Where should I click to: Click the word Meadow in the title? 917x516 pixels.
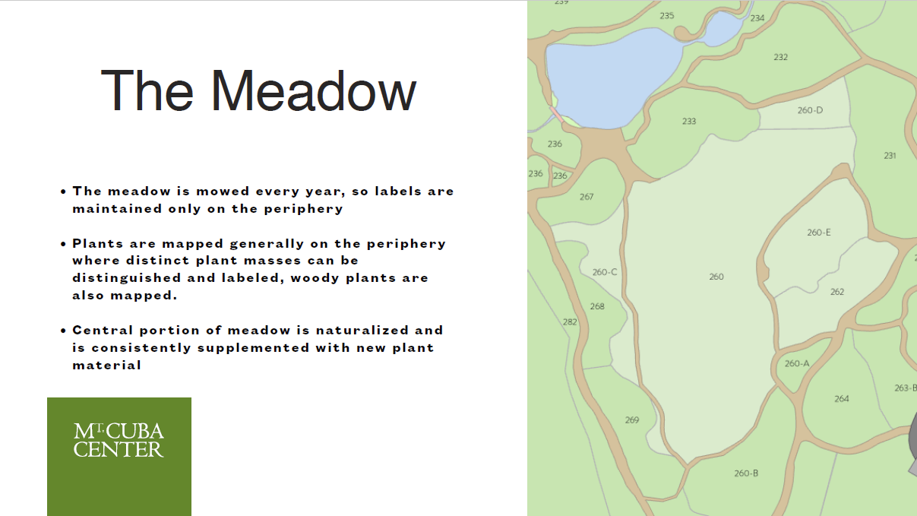(314, 91)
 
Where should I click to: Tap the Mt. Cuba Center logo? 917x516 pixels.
(119, 456)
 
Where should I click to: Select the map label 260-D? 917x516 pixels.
(810, 110)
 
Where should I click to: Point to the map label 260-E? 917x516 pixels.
(819, 233)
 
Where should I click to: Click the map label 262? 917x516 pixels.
(836, 292)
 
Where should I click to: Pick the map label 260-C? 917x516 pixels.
(605, 272)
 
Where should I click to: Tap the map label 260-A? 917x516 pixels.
(797, 364)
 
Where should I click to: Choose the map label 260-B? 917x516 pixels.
(746, 473)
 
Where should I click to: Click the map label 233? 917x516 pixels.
(689, 122)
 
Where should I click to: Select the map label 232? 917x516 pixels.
(780, 57)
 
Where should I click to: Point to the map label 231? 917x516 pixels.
(890, 156)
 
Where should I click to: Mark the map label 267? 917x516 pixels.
(587, 197)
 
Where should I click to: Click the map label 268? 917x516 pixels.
(597, 306)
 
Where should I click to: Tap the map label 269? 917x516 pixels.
(631, 420)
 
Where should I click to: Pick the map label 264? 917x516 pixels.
(842, 399)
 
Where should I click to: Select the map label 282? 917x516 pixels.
(570, 322)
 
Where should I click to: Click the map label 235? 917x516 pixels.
(666, 16)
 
